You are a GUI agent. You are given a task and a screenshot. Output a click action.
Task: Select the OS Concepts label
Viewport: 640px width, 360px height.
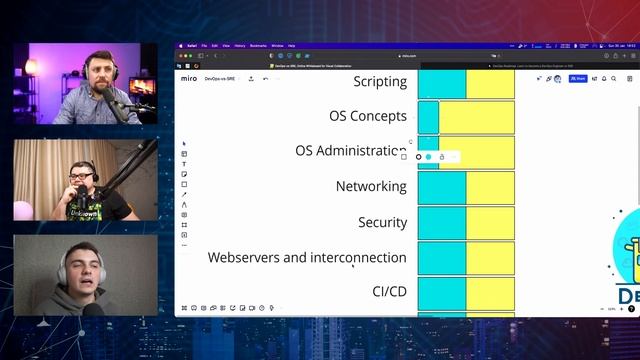pyautogui.click(x=367, y=116)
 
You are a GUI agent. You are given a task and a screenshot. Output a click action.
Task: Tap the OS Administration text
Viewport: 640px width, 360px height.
pyautogui.click(x=350, y=151)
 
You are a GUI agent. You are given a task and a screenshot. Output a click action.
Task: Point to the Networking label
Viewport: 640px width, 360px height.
pyautogui.click(x=371, y=186)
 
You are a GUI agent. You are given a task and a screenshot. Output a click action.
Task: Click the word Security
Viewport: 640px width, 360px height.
pyautogui.click(x=382, y=222)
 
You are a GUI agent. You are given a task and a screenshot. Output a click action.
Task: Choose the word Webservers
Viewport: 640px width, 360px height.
pyautogui.click(x=243, y=257)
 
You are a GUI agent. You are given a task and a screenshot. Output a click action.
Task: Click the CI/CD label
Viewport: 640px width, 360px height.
pyautogui.click(x=389, y=292)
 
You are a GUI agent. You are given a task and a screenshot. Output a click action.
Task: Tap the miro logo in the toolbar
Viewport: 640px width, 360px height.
pyautogui.click(x=189, y=78)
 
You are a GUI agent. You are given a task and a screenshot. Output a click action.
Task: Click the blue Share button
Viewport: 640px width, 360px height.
pyautogui.click(x=578, y=78)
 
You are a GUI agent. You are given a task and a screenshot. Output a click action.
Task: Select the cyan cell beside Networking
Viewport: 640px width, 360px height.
pyautogui.click(x=441, y=187)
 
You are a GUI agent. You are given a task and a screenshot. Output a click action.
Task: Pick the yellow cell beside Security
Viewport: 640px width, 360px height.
pyautogui.click(x=490, y=222)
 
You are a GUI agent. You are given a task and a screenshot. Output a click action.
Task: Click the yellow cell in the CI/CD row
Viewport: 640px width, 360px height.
pyautogui.click(x=490, y=292)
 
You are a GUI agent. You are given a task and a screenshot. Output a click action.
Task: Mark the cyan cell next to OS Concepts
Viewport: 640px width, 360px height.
pyautogui.click(x=428, y=116)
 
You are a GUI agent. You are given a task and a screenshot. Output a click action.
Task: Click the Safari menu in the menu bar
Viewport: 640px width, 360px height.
pyautogui.click(x=189, y=45)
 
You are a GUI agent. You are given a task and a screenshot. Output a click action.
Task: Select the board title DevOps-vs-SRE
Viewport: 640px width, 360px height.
pyautogui.click(x=220, y=78)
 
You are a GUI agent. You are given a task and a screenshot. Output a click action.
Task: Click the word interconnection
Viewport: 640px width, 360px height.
pyautogui.click(x=358, y=257)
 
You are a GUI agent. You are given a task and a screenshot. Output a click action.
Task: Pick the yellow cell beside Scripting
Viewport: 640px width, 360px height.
pyautogui.click(x=490, y=83)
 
